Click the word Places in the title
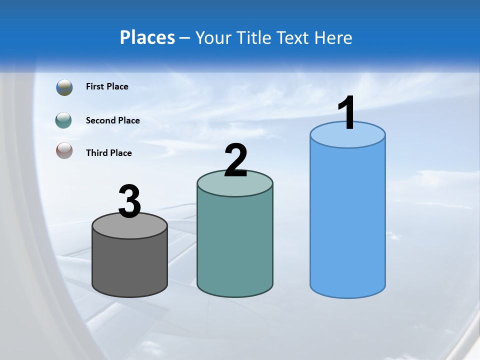(147, 37)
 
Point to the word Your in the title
(213, 37)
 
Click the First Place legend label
(107, 86)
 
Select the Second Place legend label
(112, 120)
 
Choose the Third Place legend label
(108, 153)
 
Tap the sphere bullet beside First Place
(64, 87)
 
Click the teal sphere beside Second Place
(63, 120)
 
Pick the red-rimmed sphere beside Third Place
(64, 150)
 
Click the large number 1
(346, 113)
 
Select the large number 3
(129, 201)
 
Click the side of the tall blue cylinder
(347, 220)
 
